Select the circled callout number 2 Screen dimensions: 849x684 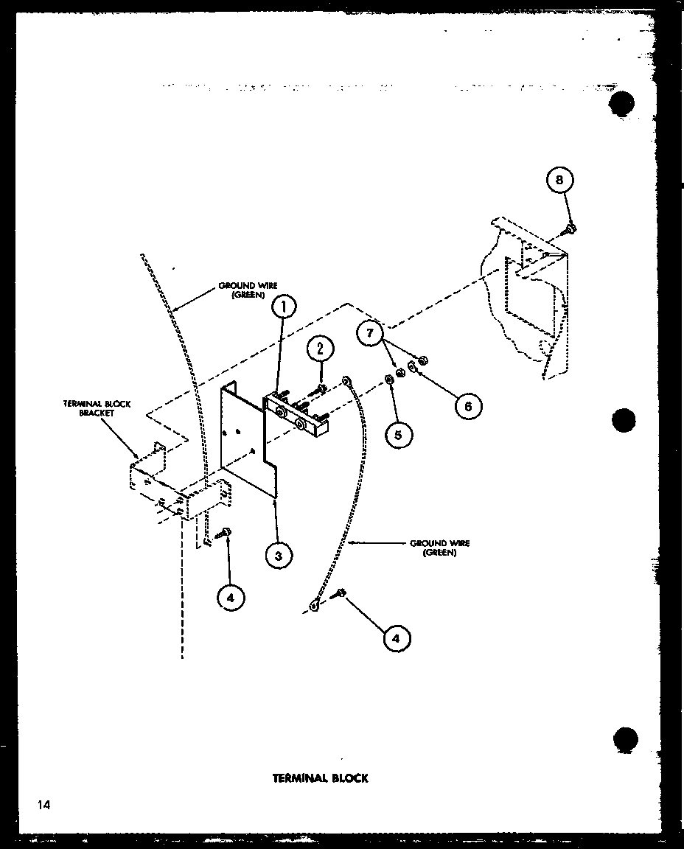[x=321, y=349]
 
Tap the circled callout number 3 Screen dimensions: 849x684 [x=278, y=556]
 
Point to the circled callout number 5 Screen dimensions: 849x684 [x=398, y=434]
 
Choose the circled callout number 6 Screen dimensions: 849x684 [x=467, y=404]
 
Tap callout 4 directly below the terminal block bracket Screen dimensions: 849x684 [x=231, y=598]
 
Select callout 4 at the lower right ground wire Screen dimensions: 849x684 [x=397, y=638]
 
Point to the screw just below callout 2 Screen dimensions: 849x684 [x=321, y=386]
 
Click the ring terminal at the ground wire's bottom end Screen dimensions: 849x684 [x=315, y=606]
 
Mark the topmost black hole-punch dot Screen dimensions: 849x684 [x=623, y=104]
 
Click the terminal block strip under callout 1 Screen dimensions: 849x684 [x=296, y=416]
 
